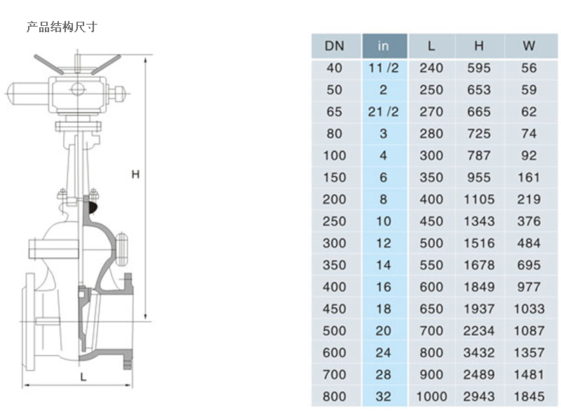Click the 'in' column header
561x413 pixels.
(x=383, y=46)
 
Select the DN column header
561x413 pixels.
(x=334, y=46)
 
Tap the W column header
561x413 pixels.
(x=529, y=46)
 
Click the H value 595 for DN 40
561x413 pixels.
(x=479, y=68)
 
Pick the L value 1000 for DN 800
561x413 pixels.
(x=431, y=397)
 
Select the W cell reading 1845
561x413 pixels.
(x=529, y=397)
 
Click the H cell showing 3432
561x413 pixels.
(x=479, y=353)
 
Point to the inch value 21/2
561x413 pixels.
(x=383, y=112)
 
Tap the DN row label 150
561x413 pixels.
(x=334, y=177)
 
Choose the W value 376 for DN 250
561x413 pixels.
(x=529, y=221)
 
